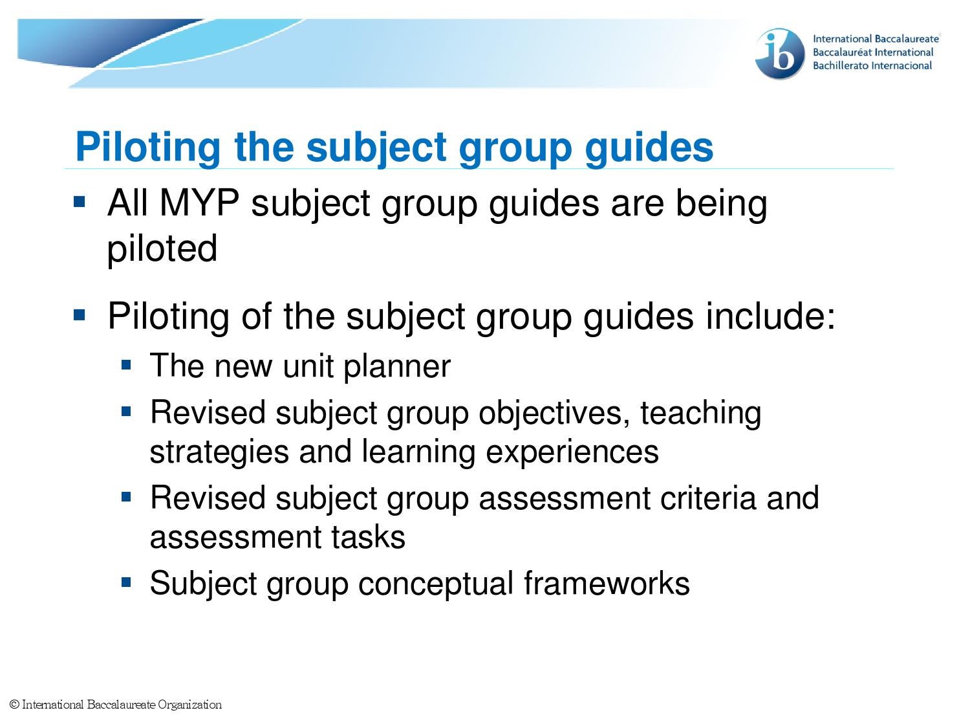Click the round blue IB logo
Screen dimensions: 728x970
pos(780,54)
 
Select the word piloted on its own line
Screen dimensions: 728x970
pos(162,249)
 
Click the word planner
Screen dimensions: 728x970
pos(396,367)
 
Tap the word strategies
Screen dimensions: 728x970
pos(219,452)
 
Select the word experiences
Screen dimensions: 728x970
pos(572,451)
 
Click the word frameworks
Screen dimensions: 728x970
pos(607,583)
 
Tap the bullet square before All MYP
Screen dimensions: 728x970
pos(80,201)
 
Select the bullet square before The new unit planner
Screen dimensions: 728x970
pos(126,364)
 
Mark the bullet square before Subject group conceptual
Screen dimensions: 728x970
pos(126,582)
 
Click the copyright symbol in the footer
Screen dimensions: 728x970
pos(14,705)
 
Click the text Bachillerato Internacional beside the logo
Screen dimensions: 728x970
pos(872,65)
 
